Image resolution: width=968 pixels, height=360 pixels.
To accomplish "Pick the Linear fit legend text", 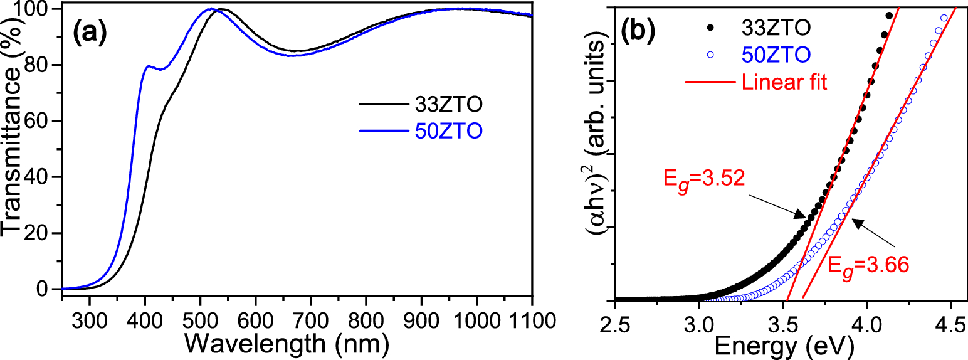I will click(784, 82).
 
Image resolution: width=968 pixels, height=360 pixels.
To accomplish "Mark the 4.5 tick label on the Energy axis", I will click(950, 323).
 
